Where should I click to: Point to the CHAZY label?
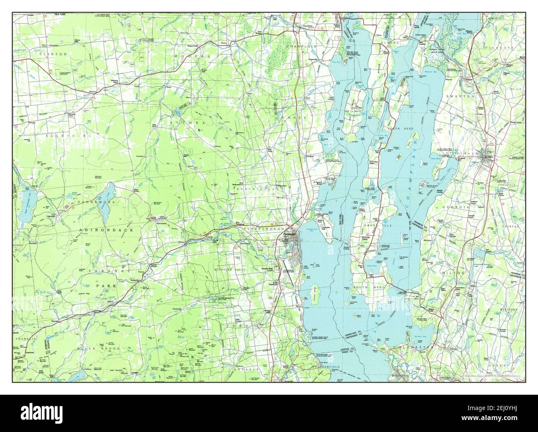pos(294,118)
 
